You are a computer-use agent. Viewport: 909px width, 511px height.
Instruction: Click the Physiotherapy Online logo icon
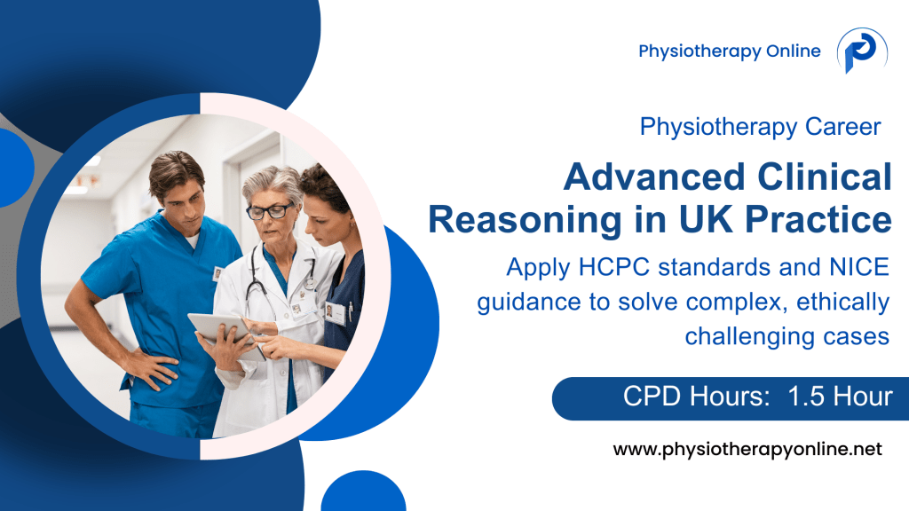point(861,51)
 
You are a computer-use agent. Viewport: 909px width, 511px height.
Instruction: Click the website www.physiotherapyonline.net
point(747,450)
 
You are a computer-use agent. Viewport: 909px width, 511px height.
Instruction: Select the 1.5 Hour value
point(840,397)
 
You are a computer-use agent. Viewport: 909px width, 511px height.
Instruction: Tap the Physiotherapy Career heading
point(760,127)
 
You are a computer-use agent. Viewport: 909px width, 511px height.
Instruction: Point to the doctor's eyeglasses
point(269,211)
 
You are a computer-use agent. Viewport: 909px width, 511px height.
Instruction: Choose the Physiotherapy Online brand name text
point(729,51)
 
